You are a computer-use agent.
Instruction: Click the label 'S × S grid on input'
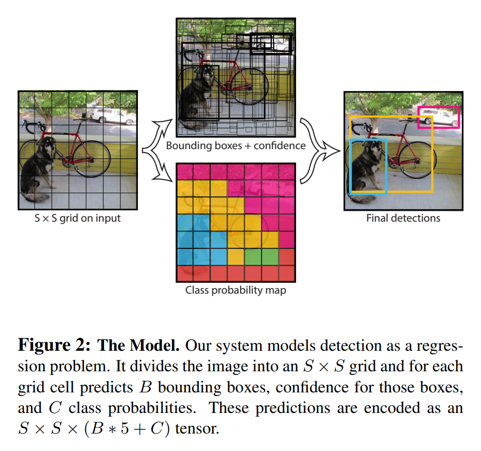coord(77,218)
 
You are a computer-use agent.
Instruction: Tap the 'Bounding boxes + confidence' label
coord(235,146)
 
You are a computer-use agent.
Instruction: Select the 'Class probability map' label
coord(235,291)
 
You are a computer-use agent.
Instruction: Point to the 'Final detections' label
coord(403,218)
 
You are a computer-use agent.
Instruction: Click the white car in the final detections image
coord(439,118)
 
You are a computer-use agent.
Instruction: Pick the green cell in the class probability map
coord(253,256)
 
